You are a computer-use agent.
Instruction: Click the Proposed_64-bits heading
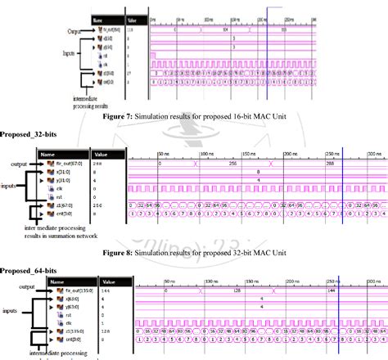click(25, 270)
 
